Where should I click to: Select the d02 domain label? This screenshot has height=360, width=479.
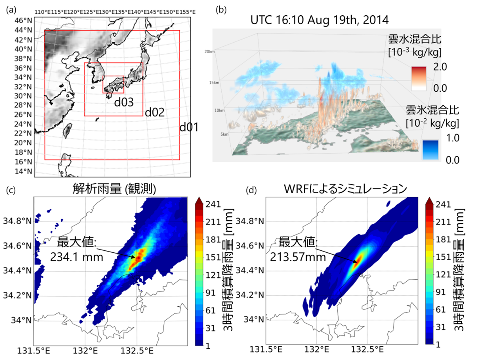point(154,113)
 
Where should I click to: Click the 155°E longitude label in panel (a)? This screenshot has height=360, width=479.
point(188,12)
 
